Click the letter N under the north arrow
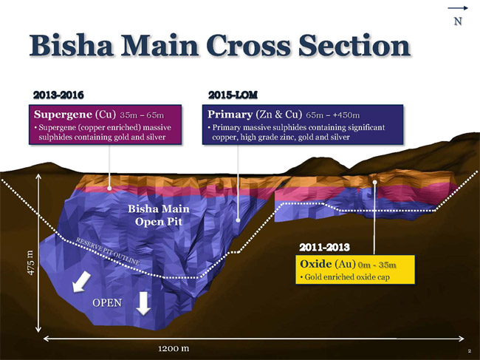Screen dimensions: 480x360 tap(458, 21)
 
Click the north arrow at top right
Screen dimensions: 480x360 tap(458, 8)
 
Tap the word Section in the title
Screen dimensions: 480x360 tap(354, 45)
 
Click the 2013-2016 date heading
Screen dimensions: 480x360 tap(58, 95)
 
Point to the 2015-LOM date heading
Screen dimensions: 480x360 tap(233, 95)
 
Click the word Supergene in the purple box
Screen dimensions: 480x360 tap(63, 115)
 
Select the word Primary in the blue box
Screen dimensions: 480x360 tap(230, 115)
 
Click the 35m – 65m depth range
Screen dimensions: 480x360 tap(142, 115)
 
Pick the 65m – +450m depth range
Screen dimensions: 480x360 tap(333, 115)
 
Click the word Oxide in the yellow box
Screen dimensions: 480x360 tap(315, 264)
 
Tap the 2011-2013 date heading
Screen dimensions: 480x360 tap(324, 247)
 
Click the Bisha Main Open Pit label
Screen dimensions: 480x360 tap(159, 215)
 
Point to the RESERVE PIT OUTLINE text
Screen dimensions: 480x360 tap(108, 251)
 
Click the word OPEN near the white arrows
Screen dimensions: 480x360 tap(107, 302)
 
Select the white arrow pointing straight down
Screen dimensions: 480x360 tap(143, 303)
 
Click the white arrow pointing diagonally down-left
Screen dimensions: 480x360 tap(81, 282)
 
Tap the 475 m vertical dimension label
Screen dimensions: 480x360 tap(31, 263)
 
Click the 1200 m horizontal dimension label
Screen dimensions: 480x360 tap(174, 348)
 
